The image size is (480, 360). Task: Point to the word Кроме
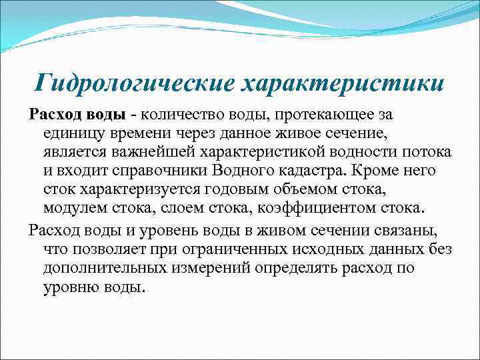point(368,171)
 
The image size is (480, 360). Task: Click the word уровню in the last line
point(73,287)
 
